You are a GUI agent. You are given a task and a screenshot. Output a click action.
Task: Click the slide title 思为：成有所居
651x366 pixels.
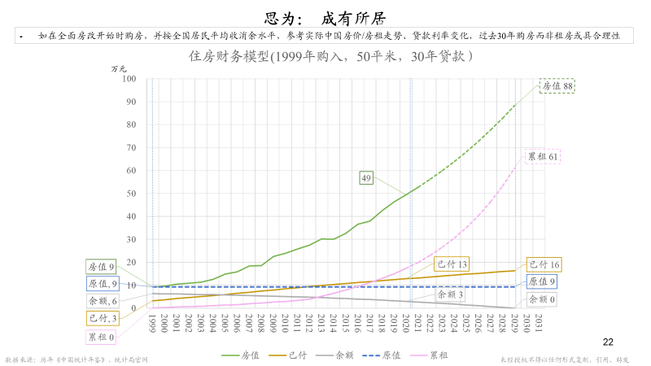(325, 16)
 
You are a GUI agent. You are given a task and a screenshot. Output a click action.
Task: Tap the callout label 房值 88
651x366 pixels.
(557, 85)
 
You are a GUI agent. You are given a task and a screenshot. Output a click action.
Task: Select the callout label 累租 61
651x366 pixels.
(542, 157)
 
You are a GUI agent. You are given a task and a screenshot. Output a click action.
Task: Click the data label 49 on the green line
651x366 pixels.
(366, 177)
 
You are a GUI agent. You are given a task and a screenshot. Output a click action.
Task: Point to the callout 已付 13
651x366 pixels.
(452, 264)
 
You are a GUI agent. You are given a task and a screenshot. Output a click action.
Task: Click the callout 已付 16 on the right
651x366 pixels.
(544, 264)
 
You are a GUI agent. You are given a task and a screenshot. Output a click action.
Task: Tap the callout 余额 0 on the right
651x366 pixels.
(542, 299)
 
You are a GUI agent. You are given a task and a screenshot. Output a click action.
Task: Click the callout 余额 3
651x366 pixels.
(450, 294)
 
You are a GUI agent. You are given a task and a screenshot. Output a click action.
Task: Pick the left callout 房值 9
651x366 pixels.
(102, 266)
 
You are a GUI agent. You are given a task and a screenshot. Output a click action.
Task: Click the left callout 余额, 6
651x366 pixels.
(102, 301)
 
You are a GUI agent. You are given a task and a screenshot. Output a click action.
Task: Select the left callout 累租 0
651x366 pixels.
(102, 336)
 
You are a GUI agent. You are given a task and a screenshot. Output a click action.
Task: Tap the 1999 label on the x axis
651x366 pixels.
(152, 324)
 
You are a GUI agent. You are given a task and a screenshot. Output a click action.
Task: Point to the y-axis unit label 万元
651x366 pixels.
(120, 69)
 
